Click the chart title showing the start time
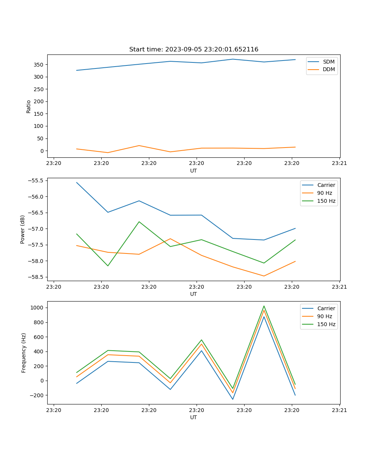[194, 50]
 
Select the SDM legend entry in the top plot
[328, 62]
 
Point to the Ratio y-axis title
[29, 106]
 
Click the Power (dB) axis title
[23, 229]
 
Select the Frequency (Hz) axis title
[23, 353]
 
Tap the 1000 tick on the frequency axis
[37, 308]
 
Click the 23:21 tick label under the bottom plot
[339, 410]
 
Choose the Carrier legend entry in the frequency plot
[326, 308]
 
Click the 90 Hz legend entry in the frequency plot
[324, 316]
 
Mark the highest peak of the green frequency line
[264, 306]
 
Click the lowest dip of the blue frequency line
[232, 399]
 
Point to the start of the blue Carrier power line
[77, 182]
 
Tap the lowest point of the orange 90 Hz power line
[264, 276]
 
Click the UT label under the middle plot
[194, 294]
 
